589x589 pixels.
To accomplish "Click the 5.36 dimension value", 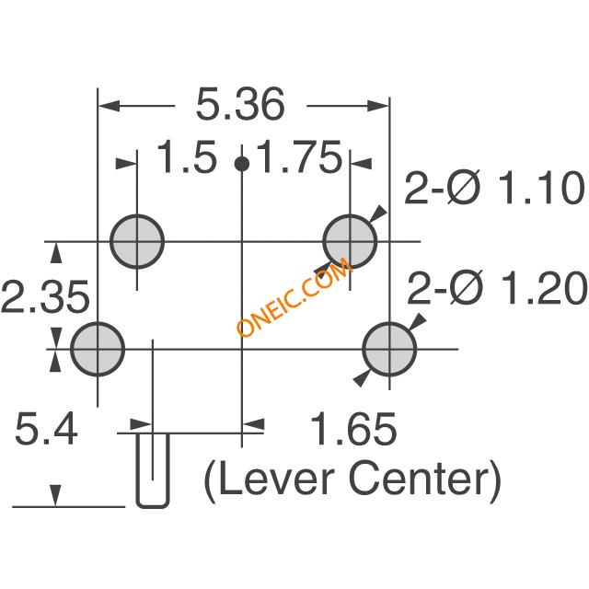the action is tap(240, 104).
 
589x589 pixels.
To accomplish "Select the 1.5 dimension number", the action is tap(187, 156).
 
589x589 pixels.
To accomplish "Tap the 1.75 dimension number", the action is tap(301, 156).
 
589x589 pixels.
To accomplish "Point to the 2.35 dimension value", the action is tap(45, 296).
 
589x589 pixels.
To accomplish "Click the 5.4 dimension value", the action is tap(46, 428).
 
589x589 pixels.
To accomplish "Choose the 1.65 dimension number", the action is tap(353, 429).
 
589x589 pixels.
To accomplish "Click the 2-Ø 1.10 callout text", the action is tap(495, 188).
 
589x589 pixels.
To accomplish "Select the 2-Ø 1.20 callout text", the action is tap(497, 288).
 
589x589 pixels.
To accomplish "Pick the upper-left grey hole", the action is tap(137, 242).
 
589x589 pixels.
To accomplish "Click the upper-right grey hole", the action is tap(350, 242).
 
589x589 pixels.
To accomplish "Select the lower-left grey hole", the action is tap(98, 349).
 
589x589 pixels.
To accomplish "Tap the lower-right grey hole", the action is tap(389, 349).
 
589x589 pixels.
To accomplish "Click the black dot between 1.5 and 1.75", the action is tap(241, 164).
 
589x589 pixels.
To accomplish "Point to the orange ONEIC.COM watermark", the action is tap(294, 297).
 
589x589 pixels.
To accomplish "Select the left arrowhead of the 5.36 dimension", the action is tap(109, 106).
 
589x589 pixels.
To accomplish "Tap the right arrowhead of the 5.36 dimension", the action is tap(378, 106).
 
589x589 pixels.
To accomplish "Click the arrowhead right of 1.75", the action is tap(361, 164).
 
